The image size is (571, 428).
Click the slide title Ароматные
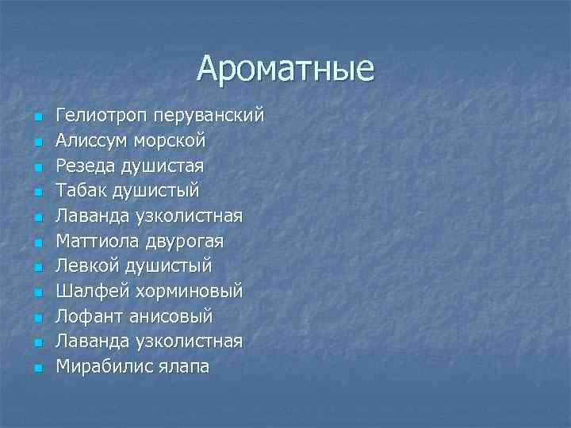click(x=285, y=68)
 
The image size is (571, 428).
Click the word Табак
click(x=82, y=191)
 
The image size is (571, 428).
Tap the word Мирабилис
click(x=100, y=366)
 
